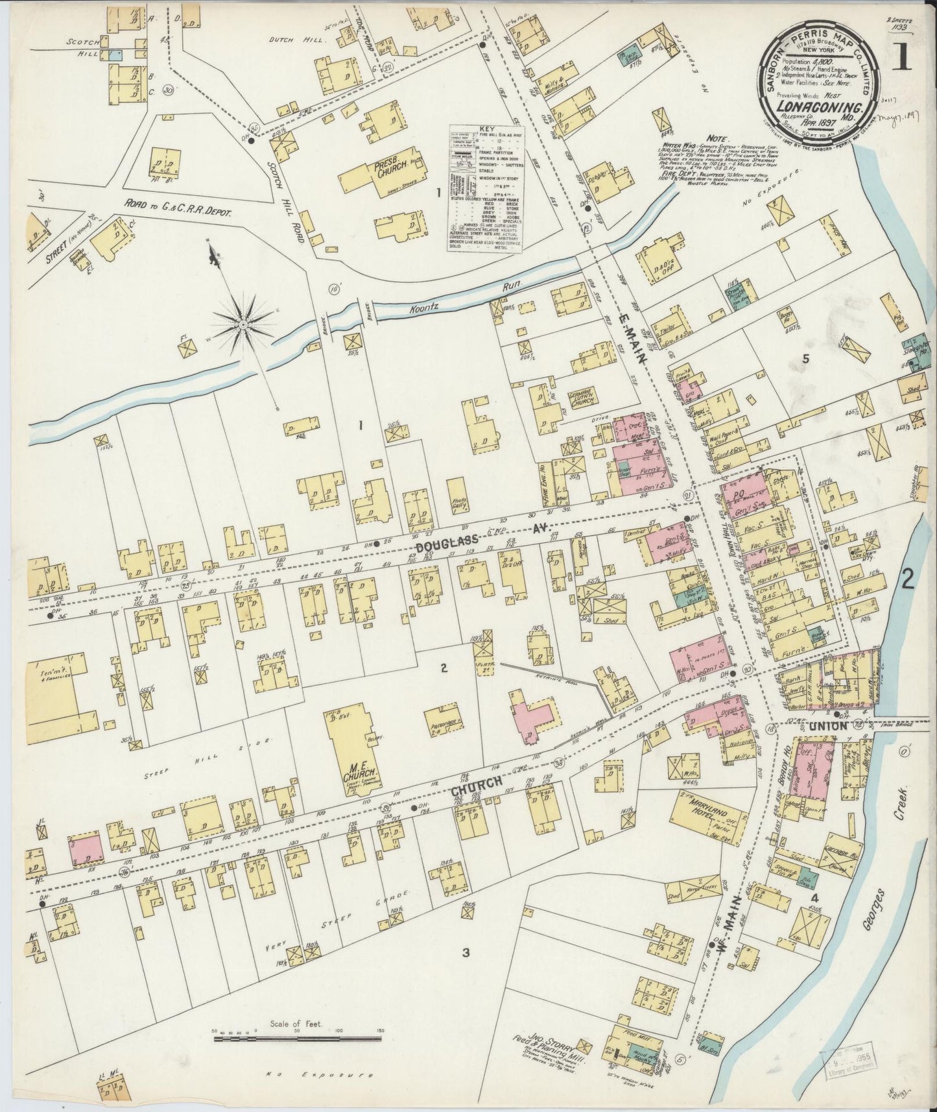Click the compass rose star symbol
tap(243, 323)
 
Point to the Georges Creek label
tap(887, 856)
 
